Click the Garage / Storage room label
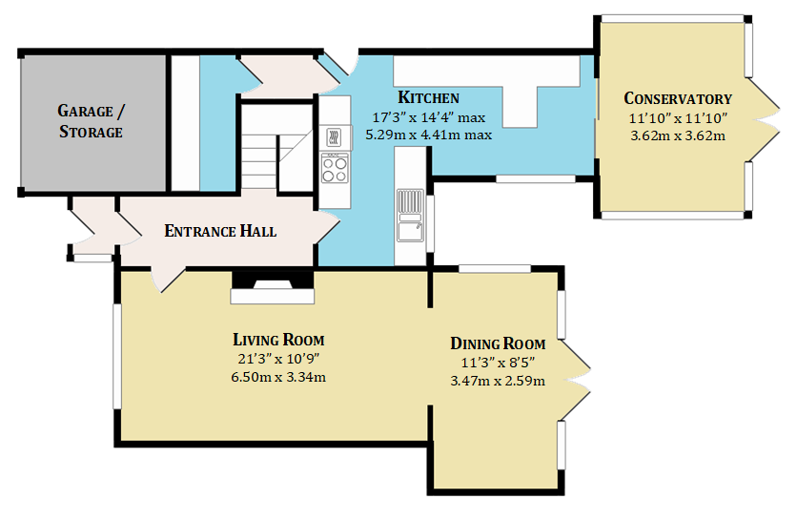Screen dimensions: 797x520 point(92,121)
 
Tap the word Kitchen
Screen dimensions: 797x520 point(428,97)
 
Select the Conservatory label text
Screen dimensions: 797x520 point(678,98)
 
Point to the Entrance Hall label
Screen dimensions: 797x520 point(220,231)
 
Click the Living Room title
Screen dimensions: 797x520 point(278,340)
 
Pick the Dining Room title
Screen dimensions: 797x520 point(498,343)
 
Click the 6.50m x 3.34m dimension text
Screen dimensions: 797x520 point(278,377)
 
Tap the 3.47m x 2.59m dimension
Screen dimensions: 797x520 point(498,381)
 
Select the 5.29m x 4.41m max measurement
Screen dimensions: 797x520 point(428,135)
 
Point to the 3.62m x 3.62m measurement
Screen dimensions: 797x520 point(678,135)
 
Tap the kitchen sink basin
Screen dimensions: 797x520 point(410,232)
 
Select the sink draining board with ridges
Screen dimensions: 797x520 point(410,201)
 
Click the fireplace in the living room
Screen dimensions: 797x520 point(273,287)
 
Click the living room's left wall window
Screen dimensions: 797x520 point(117,356)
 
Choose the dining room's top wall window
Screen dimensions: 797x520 point(495,269)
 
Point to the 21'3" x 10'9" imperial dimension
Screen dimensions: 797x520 point(278,359)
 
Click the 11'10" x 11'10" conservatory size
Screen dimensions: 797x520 point(678,118)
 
